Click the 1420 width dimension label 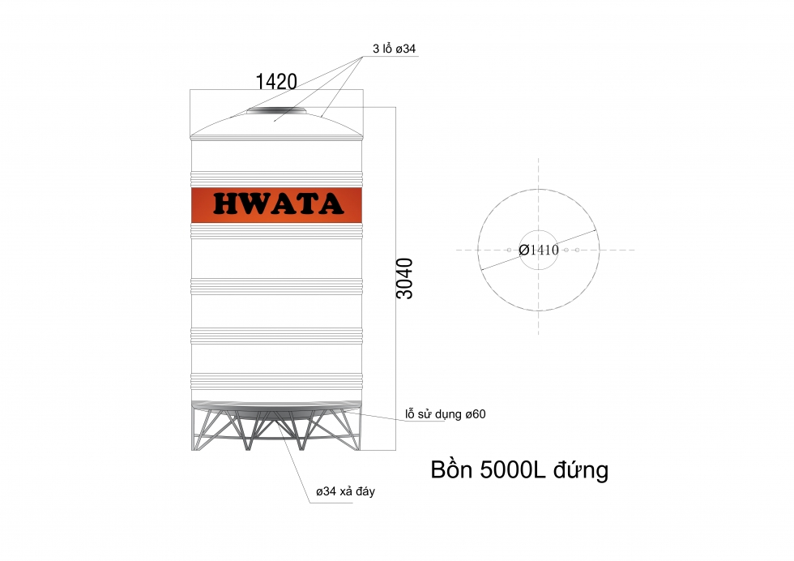click(x=276, y=81)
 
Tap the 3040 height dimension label click(x=404, y=278)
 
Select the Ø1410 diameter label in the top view click(x=539, y=250)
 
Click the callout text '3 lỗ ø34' click(x=395, y=49)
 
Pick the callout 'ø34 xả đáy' click(x=345, y=492)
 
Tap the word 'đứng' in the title click(x=583, y=471)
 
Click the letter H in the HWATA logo click(x=226, y=203)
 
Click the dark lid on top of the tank click(x=276, y=109)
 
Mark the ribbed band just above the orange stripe click(x=276, y=177)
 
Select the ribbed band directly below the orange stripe click(x=276, y=231)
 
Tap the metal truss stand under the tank click(x=276, y=430)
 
